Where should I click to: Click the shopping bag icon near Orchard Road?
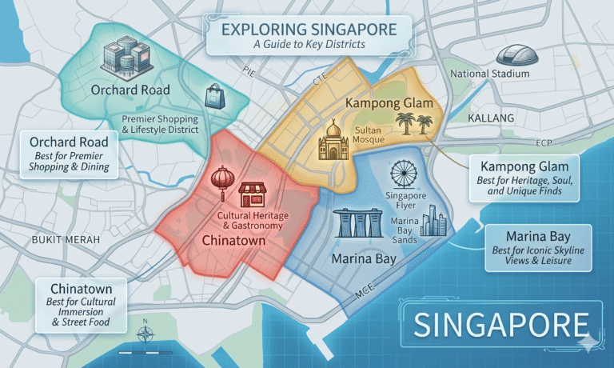214,97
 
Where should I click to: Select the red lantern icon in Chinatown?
221,183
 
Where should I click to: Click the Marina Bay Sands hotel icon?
356,223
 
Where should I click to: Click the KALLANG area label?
490,118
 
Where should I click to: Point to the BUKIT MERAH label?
66,239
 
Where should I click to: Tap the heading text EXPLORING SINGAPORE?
309,30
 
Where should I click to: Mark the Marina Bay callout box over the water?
538,247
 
